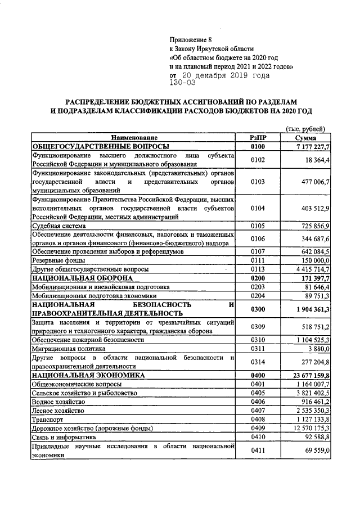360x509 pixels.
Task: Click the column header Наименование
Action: coord(134,138)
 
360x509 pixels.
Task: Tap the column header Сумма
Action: coord(305,138)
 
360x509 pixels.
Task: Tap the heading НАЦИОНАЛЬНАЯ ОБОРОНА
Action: coord(82,278)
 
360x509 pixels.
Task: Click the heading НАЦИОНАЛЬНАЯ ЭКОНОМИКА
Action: coord(88,375)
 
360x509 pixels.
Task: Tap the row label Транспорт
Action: coord(48,419)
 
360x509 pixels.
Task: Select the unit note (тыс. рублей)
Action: coord(305,129)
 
